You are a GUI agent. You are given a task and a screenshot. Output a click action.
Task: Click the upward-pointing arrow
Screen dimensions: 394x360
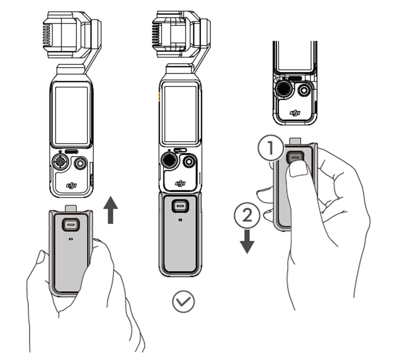(x=111, y=210)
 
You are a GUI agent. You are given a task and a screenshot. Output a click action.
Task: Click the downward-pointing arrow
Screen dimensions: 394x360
(x=247, y=242)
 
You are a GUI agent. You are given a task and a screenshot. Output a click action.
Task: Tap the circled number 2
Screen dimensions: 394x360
(x=247, y=215)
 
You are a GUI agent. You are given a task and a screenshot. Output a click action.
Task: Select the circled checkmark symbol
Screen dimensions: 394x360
(x=183, y=301)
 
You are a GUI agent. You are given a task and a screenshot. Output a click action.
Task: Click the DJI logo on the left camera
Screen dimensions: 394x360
(x=71, y=185)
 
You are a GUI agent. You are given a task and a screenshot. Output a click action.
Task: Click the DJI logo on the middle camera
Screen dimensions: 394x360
(x=180, y=183)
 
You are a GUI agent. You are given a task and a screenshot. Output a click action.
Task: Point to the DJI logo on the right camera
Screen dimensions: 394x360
(x=295, y=113)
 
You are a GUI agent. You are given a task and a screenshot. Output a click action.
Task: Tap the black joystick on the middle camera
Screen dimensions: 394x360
(x=169, y=160)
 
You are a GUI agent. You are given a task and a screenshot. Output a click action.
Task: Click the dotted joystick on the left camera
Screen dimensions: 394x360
(x=60, y=161)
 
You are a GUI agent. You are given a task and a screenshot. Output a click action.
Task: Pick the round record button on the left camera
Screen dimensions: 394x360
(x=80, y=163)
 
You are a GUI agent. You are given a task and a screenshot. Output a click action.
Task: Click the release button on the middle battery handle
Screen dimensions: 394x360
(x=180, y=206)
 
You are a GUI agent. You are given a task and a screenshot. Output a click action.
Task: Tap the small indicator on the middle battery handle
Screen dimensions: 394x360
(x=180, y=220)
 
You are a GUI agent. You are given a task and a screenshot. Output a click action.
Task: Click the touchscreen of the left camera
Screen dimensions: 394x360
(x=71, y=115)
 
